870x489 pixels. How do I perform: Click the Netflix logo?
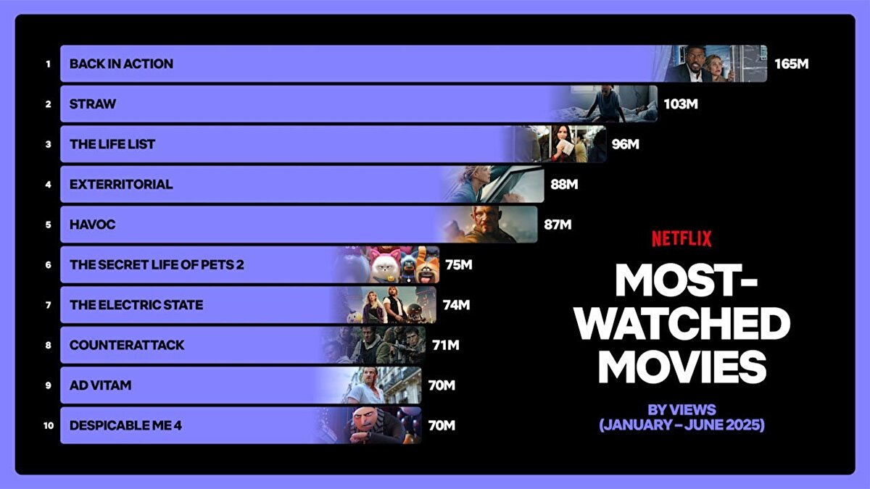[x=681, y=238]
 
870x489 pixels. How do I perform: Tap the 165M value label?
[x=791, y=64]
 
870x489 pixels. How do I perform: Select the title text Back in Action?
[x=121, y=64]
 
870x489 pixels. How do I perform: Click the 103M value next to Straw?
[x=681, y=104]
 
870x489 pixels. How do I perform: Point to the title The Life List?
[x=112, y=144]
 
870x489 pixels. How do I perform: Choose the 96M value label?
[x=626, y=144]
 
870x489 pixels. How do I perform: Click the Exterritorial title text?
[x=121, y=184]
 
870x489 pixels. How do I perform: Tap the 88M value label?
[x=564, y=185]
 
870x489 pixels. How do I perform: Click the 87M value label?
[x=558, y=225]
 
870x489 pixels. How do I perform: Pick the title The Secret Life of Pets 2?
[x=157, y=264]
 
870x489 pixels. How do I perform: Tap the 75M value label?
[x=459, y=265]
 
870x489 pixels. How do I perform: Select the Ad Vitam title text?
[x=101, y=385]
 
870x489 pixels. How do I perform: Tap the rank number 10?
[x=48, y=426]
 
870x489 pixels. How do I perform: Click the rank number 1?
[x=48, y=64]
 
